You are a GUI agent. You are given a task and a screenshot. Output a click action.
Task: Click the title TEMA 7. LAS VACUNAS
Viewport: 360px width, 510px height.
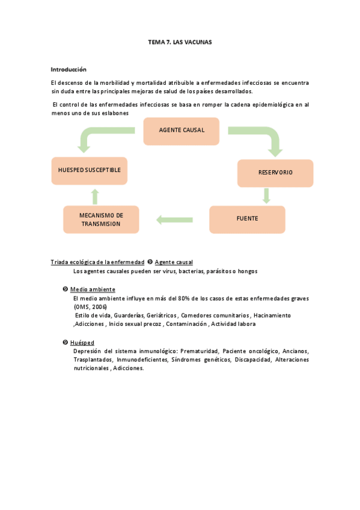pyautogui.click(x=180, y=43)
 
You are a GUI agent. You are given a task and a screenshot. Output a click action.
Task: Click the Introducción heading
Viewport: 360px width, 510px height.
pyautogui.click(x=69, y=69)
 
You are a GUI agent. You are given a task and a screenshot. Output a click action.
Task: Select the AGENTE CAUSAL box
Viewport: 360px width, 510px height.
pyautogui.click(x=182, y=131)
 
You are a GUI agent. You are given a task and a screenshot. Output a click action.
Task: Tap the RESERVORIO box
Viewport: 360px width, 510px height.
pyautogui.click(x=275, y=173)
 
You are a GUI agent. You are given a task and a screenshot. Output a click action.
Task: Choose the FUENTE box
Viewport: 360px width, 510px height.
pyautogui.click(x=247, y=219)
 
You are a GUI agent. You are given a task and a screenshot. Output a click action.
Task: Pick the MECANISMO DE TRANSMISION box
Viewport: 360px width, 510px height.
pyautogui.click(x=101, y=220)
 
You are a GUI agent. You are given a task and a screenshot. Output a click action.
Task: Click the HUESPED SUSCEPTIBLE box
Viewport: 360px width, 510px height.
pyautogui.click(x=90, y=170)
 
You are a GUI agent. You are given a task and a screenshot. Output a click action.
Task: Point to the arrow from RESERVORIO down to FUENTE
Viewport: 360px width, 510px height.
pyautogui.click(x=266, y=196)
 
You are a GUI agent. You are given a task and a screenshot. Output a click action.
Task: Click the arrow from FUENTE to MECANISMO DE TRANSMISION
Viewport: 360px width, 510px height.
pyautogui.click(x=174, y=220)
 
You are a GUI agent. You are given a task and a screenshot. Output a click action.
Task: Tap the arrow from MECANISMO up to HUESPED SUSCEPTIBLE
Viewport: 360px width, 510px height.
pyautogui.click(x=94, y=195)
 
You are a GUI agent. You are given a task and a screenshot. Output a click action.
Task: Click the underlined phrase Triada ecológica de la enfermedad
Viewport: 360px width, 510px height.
pyautogui.click(x=97, y=262)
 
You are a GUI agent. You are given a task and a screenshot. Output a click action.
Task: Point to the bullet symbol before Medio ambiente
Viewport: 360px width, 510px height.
pyautogui.click(x=65, y=289)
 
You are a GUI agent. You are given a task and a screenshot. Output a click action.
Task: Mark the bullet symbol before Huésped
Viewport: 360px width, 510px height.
pyautogui.click(x=65, y=342)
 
